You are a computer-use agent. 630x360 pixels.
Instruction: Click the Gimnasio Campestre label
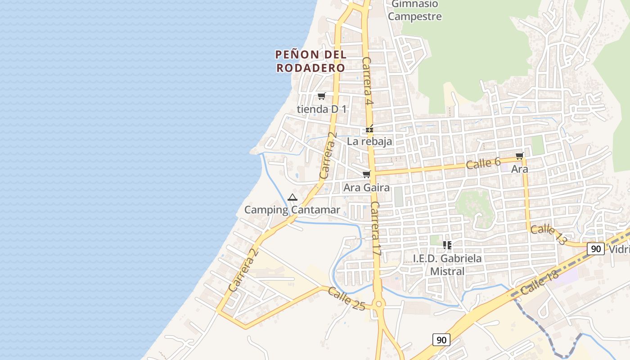[x=414, y=10]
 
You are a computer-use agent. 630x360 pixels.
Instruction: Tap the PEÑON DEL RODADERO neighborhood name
[x=310, y=61]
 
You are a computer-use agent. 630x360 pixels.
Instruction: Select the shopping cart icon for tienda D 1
[x=321, y=96]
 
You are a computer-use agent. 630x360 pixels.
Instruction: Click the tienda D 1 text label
[x=322, y=109]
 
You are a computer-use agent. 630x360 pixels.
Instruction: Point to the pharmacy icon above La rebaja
[x=369, y=129]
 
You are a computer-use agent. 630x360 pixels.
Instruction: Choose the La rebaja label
[x=369, y=141]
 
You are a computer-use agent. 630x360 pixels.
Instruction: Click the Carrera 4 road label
[x=368, y=81]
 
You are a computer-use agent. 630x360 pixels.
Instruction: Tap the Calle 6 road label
[x=483, y=163]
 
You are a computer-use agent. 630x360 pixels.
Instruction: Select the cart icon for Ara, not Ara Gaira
[x=520, y=156]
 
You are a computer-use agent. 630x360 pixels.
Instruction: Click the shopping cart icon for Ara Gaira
[x=367, y=174]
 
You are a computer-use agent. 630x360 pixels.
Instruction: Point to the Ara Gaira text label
[x=366, y=187]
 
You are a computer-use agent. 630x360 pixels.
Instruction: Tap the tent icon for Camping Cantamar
[x=292, y=197]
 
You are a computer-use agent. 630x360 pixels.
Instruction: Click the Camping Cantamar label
[x=292, y=210]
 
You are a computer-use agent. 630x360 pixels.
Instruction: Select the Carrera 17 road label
[x=376, y=229]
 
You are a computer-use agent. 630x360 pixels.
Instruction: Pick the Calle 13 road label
[x=548, y=234]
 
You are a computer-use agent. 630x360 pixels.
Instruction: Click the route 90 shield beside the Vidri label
[x=595, y=249]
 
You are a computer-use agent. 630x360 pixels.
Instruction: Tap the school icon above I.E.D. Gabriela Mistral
[x=447, y=245]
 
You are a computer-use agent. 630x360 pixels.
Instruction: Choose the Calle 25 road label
[x=346, y=298]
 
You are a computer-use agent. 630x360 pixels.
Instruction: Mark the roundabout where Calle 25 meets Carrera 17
[x=378, y=305]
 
